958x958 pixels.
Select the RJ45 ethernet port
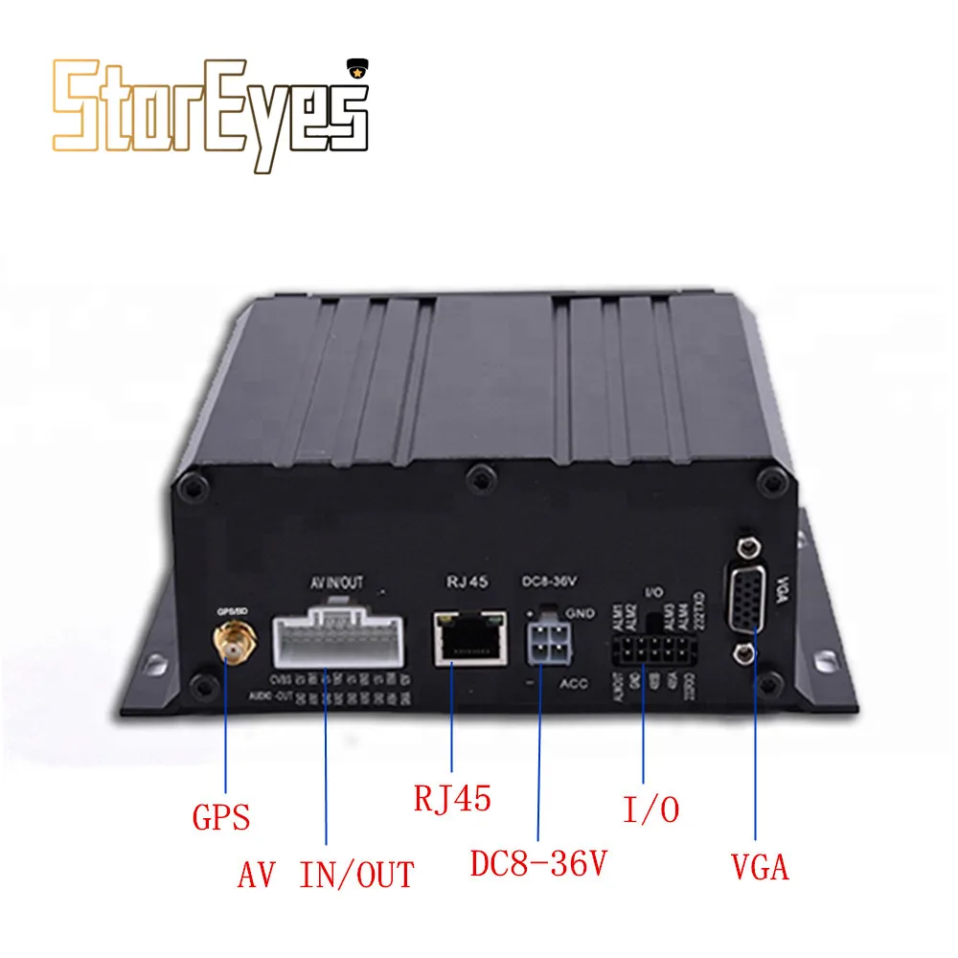click(x=468, y=637)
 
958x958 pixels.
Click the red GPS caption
click(x=220, y=817)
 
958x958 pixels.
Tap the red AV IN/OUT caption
click(x=326, y=874)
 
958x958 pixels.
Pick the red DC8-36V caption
click(x=539, y=865)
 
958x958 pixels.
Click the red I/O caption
click(x=650, y=810)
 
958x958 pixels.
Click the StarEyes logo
click(x=210, y=115)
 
